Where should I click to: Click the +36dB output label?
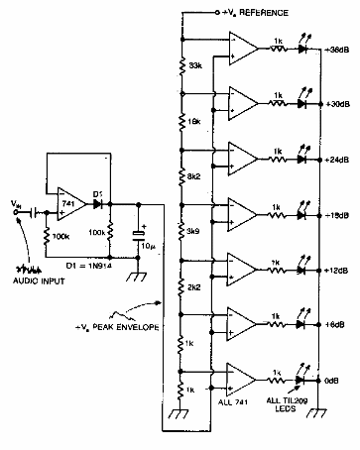click(x=336, y=51)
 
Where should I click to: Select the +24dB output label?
click(x=336, y=159)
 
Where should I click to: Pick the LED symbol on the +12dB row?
click(x=300, y=268)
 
